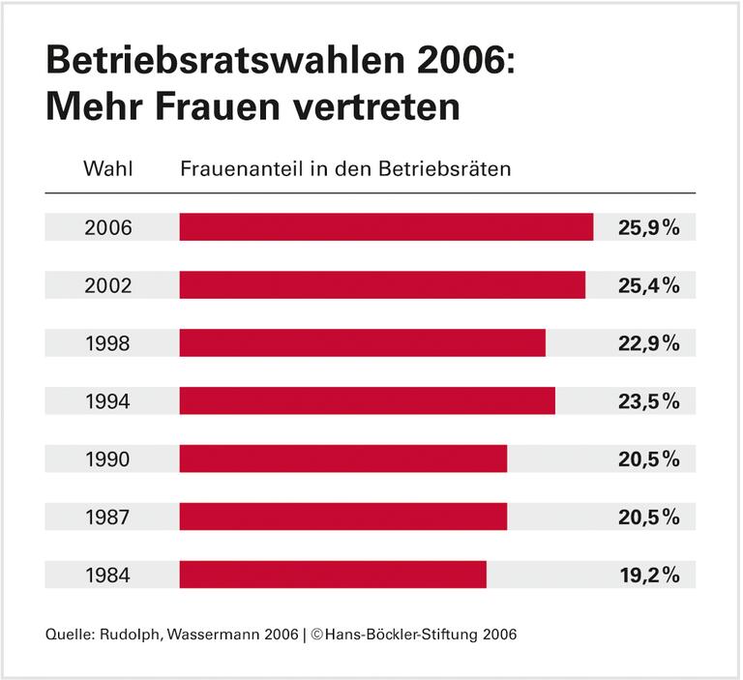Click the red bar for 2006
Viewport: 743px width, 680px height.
coord(386,227)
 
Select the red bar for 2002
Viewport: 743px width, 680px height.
coord(382,285)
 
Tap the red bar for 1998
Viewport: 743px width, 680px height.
coord(363,342)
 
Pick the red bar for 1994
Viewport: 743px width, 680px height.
coord(368,400)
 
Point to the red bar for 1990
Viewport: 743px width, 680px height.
coord(343,458)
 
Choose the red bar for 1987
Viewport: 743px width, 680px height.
coord(343,517)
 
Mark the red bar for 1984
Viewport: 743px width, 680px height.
coord(333,575)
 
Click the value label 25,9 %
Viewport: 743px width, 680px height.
coord(648,228)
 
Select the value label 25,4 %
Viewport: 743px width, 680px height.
coord(648,286)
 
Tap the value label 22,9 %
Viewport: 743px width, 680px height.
coord(648,343)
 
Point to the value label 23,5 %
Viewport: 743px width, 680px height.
coord(648,401)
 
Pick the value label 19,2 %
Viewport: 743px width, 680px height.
coord(648,576)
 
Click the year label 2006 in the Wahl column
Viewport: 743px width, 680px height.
coord(108,228)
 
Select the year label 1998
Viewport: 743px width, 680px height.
coord(108,343)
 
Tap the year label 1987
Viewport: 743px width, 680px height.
coord(108,517)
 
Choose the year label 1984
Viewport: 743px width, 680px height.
coord(108,576)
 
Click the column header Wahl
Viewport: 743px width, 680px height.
coord(108,168)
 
